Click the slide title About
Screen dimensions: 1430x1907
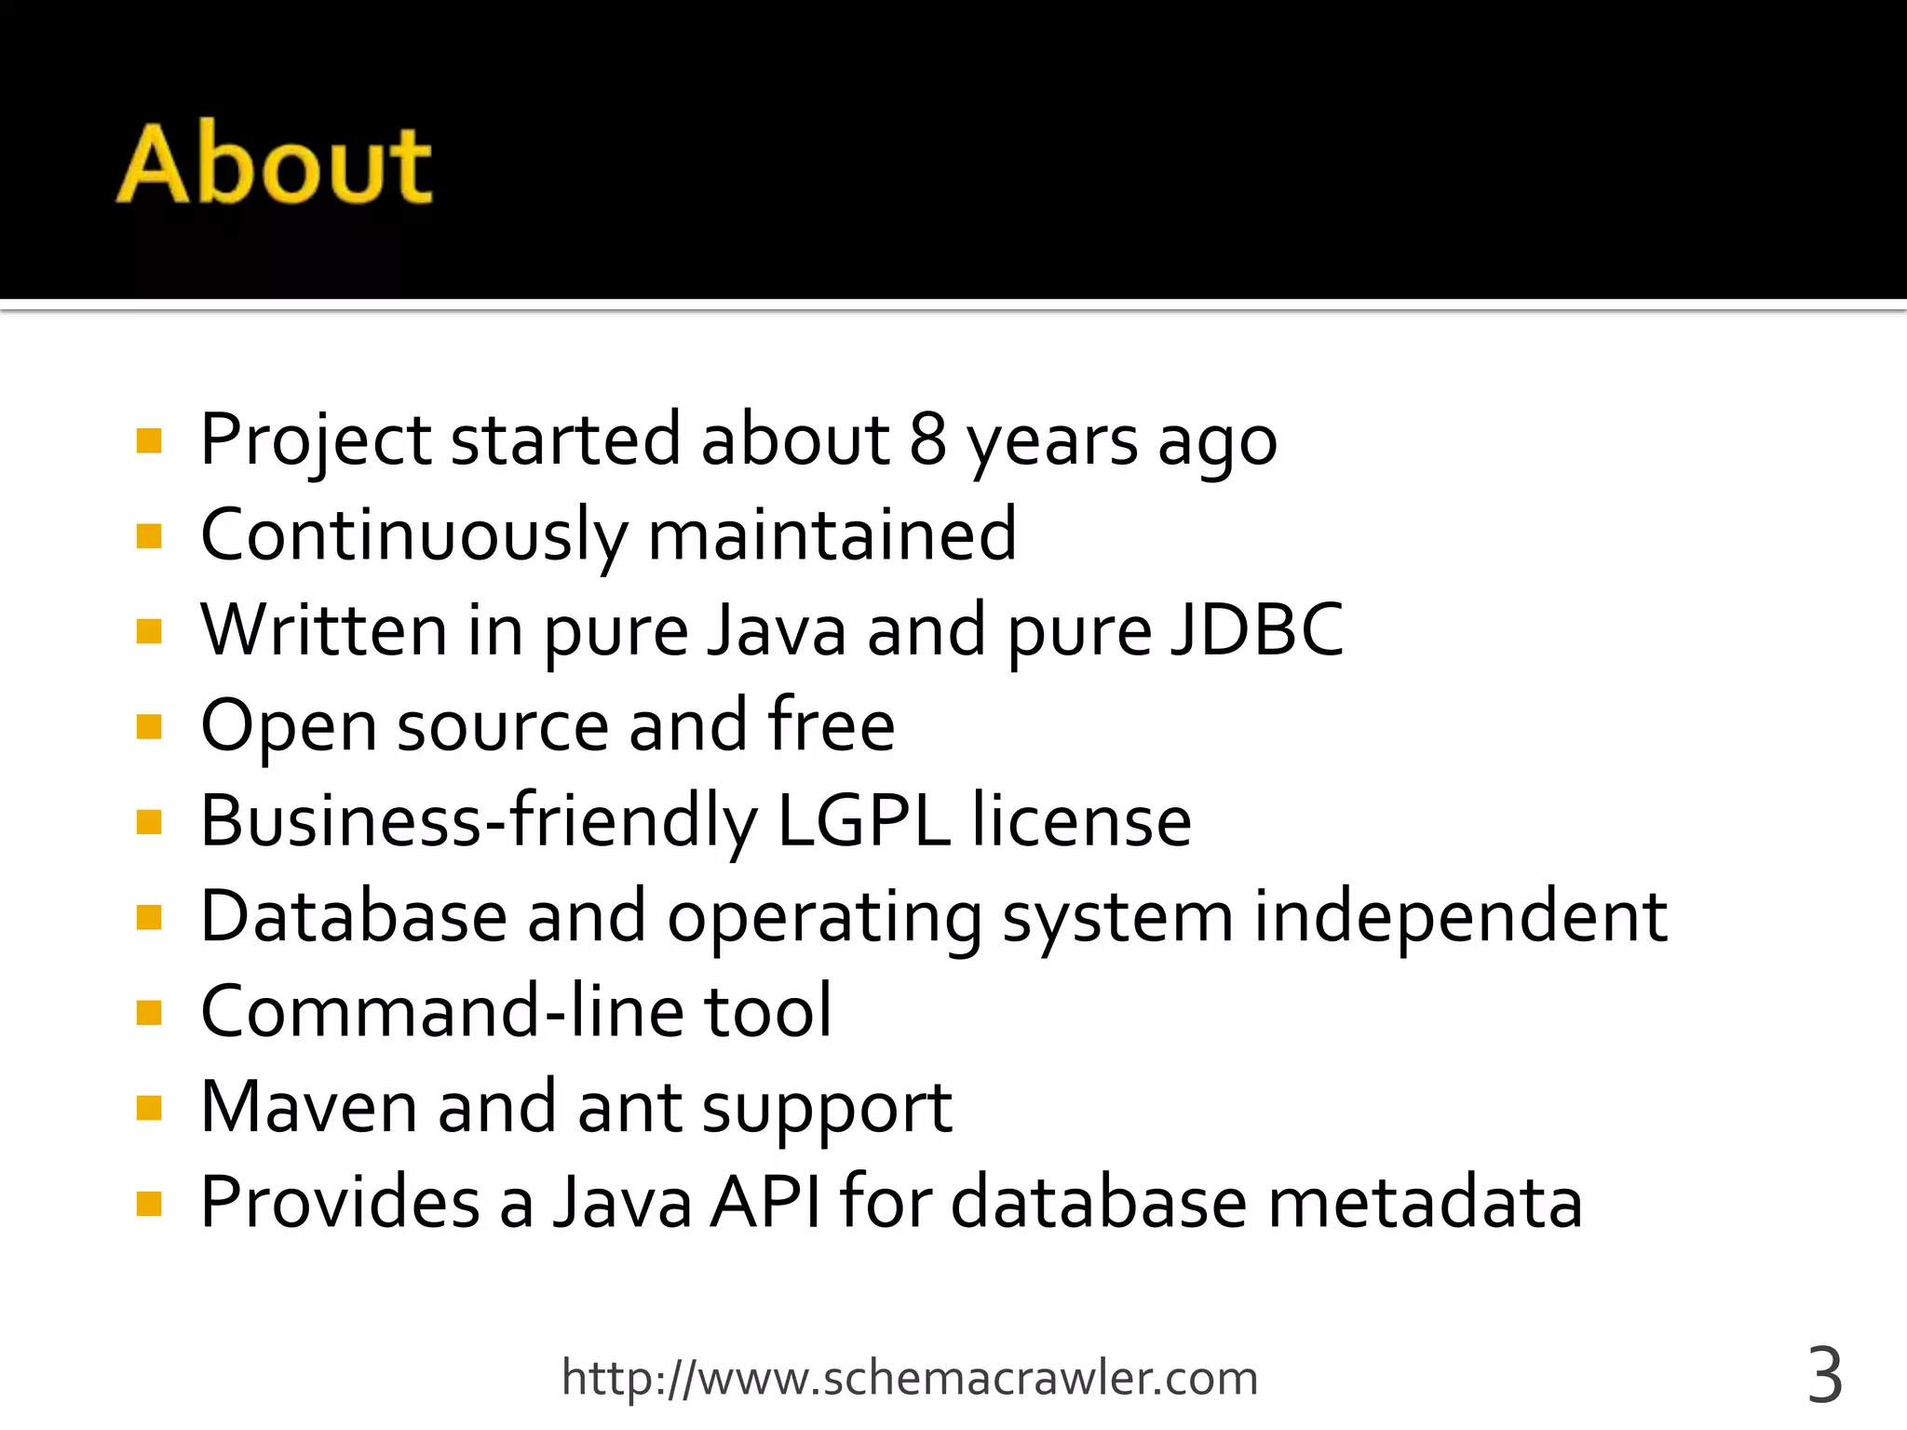pyautogui.click(x=275, y=165)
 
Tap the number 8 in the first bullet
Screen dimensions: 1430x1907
pyautogui.click(x=927, y=439)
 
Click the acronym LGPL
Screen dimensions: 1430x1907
pyautogui.click(x=863, y=821)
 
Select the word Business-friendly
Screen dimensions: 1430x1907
pyautogui.click(x=479, y=821)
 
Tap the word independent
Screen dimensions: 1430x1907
pyautogui.click(x=1460, y=917)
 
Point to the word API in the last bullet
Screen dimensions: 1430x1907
pyautogui.click(x=765, y=1203)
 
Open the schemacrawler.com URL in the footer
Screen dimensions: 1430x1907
pyautogui.click(x=910, y=1379)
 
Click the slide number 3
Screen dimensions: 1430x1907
pyautogui.click(x=1825, y=1377)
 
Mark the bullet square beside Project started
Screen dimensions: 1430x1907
pyautogui.click(x=149, y=440)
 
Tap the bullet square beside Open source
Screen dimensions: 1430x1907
pyautogui.click(x=149, y=726)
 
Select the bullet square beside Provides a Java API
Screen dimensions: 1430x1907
pyautogui.click(x=149, y=1204)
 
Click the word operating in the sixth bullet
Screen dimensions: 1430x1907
pyautogui.click(x=824, y=917)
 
